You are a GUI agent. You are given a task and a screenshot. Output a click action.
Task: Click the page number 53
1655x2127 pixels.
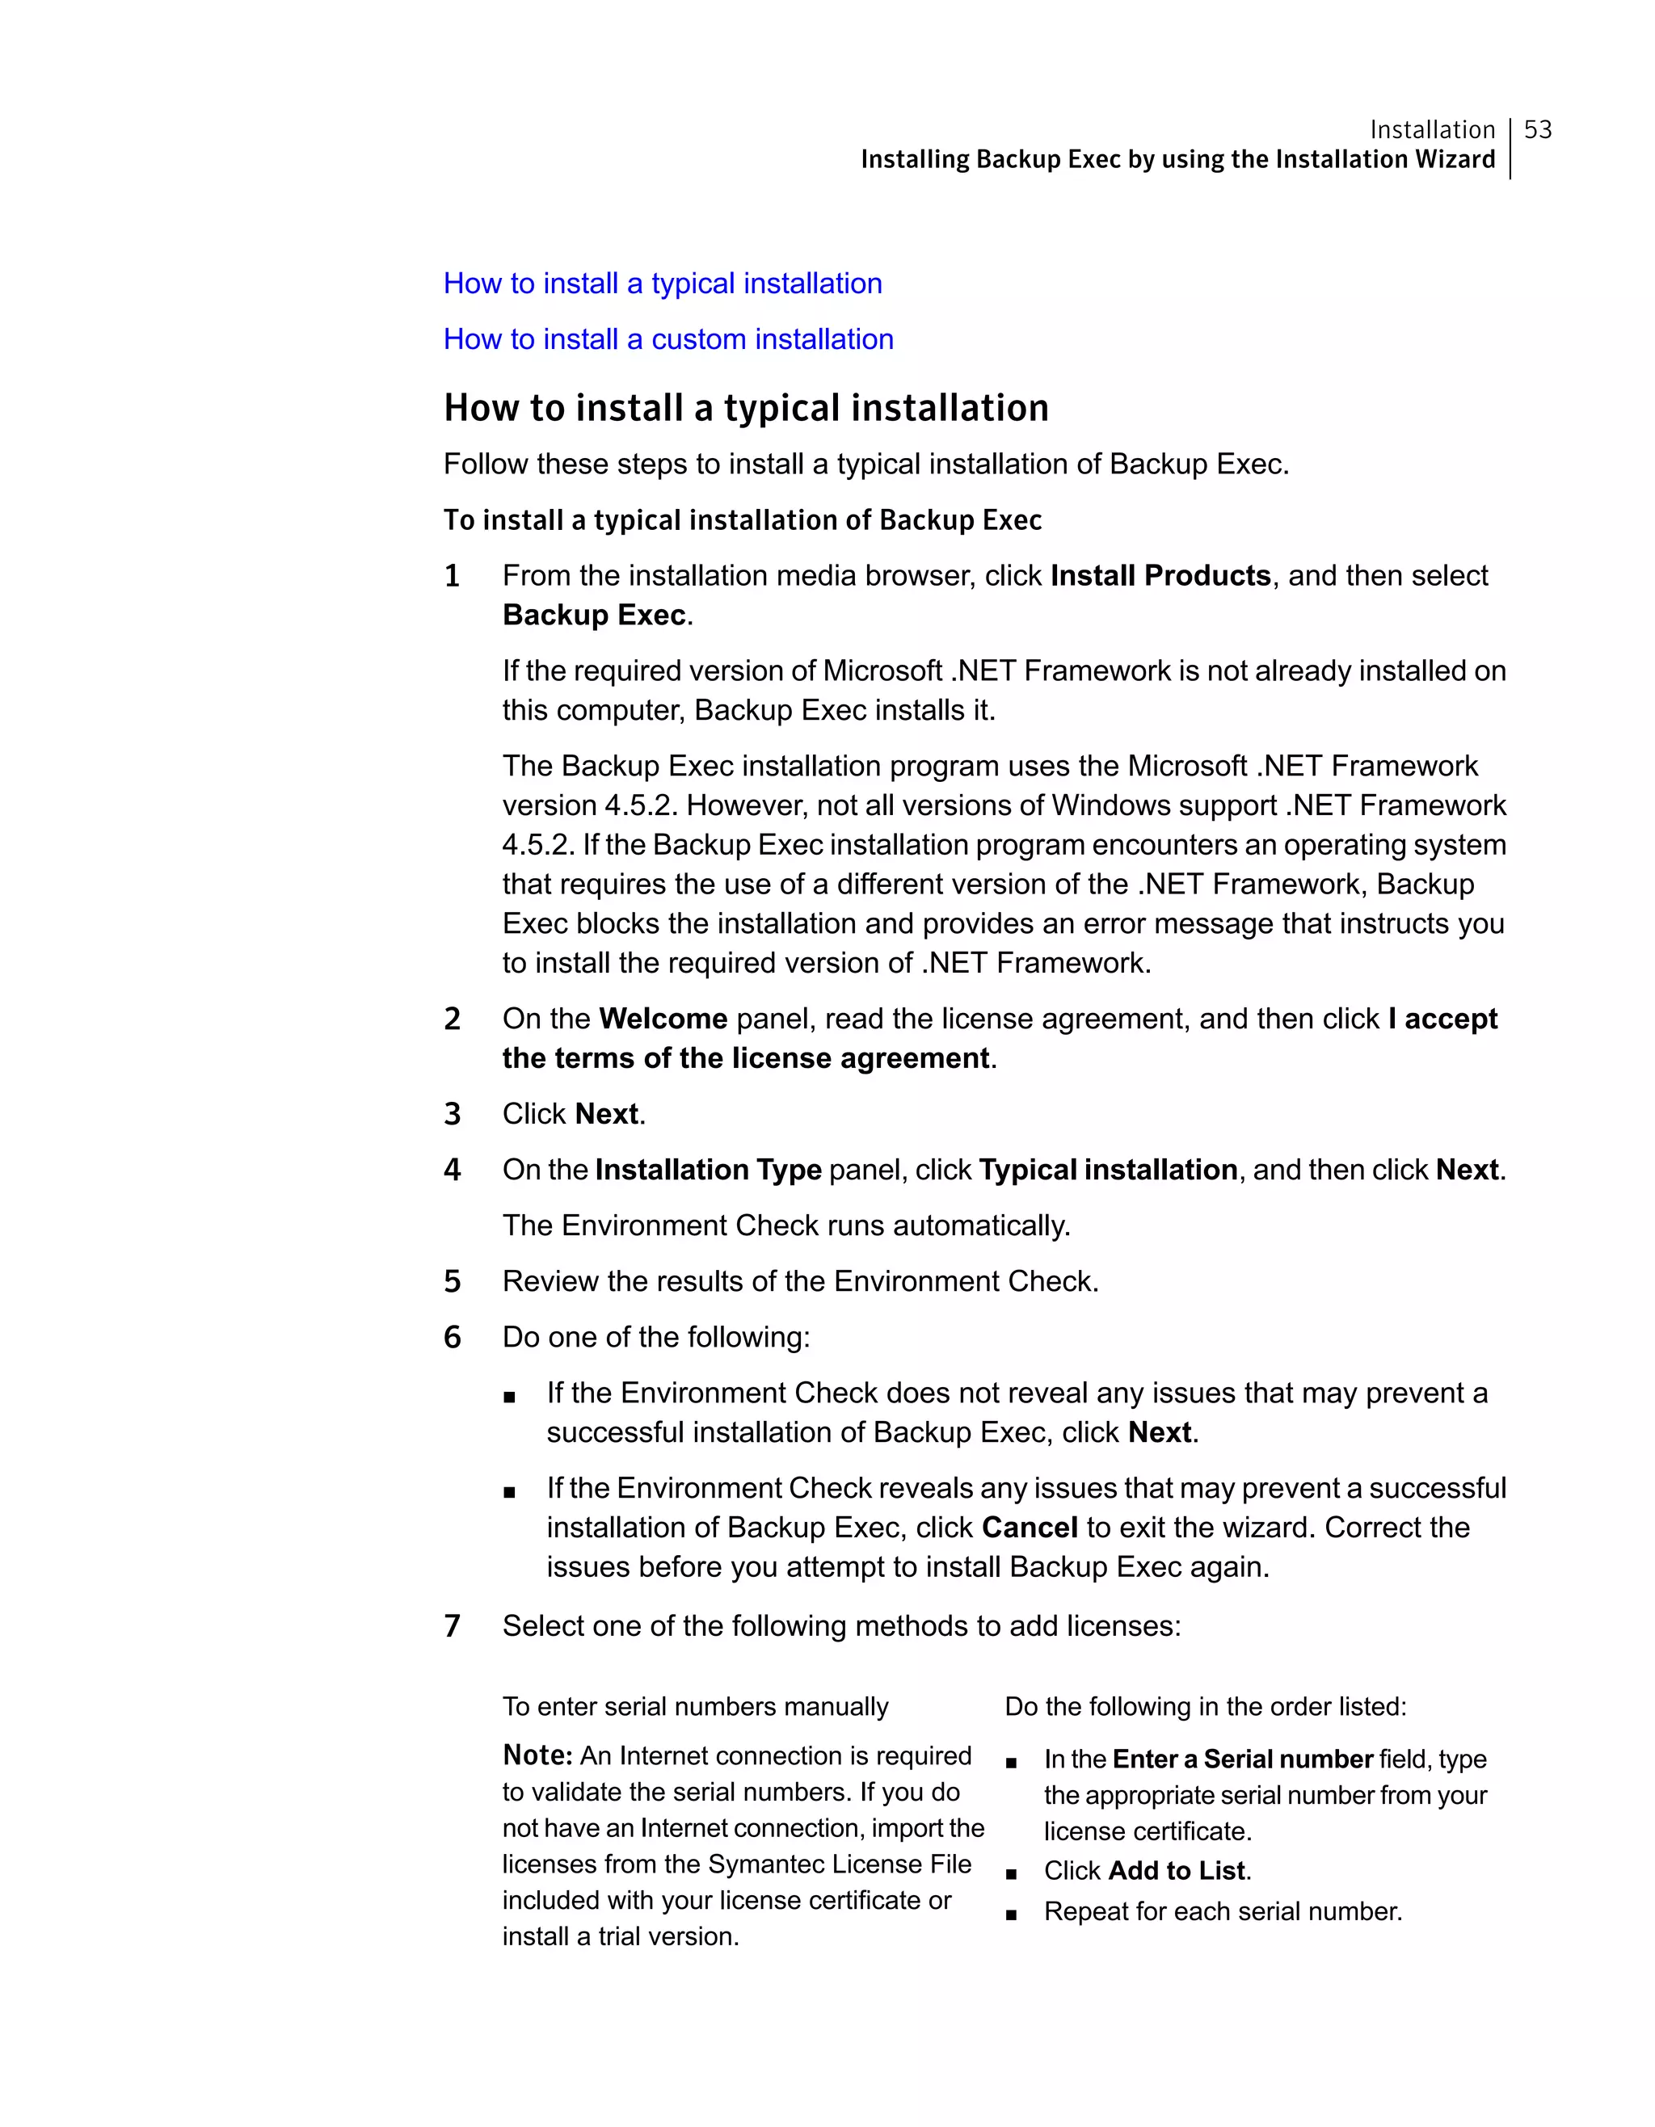(x=1537, y=129)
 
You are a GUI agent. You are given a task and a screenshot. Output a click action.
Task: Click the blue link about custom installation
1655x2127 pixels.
(x=668, y=339)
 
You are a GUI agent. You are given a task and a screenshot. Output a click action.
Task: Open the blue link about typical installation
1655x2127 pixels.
(x=663, y=284)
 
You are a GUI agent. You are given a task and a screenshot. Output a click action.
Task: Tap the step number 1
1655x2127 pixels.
(x=452, y=576)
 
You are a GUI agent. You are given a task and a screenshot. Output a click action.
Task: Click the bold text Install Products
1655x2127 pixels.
(x=1160, y=576)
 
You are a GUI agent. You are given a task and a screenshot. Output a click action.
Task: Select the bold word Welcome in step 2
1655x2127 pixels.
(x=663, y=1019)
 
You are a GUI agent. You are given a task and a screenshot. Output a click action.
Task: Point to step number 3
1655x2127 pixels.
(x=452, y=1114)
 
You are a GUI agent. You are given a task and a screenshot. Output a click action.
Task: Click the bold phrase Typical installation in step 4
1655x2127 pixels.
(x=1108, y=1170)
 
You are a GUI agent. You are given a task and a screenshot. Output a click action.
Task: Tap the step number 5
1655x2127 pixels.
(x=452, y=1282)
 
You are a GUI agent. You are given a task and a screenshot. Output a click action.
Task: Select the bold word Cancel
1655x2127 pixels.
(x=1030, y=1527)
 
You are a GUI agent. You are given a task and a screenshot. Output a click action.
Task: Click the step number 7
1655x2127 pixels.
(x=452, y=1626)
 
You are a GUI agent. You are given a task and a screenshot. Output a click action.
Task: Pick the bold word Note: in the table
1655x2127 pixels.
(x=537, y=1755)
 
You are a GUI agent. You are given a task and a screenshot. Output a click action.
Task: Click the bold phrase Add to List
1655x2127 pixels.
(x=1177, y=1871)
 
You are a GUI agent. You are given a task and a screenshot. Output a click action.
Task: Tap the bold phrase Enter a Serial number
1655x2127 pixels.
(x=1242, y=1759)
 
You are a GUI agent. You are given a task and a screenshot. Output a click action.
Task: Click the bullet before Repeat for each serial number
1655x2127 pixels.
(x=1011, y=1914)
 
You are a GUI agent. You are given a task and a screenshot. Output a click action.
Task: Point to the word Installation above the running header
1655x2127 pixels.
(x=1432, y=129)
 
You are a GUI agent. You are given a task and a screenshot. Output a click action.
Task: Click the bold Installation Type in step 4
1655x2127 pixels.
(x=708, y=1170)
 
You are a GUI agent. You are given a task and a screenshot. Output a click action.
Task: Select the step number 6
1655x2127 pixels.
(x=452, y=1337)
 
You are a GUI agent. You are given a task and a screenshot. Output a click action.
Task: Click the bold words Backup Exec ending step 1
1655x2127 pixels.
(x=594, y=616)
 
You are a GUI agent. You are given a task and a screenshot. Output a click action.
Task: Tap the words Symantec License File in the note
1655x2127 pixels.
(x=839, y=1864)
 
